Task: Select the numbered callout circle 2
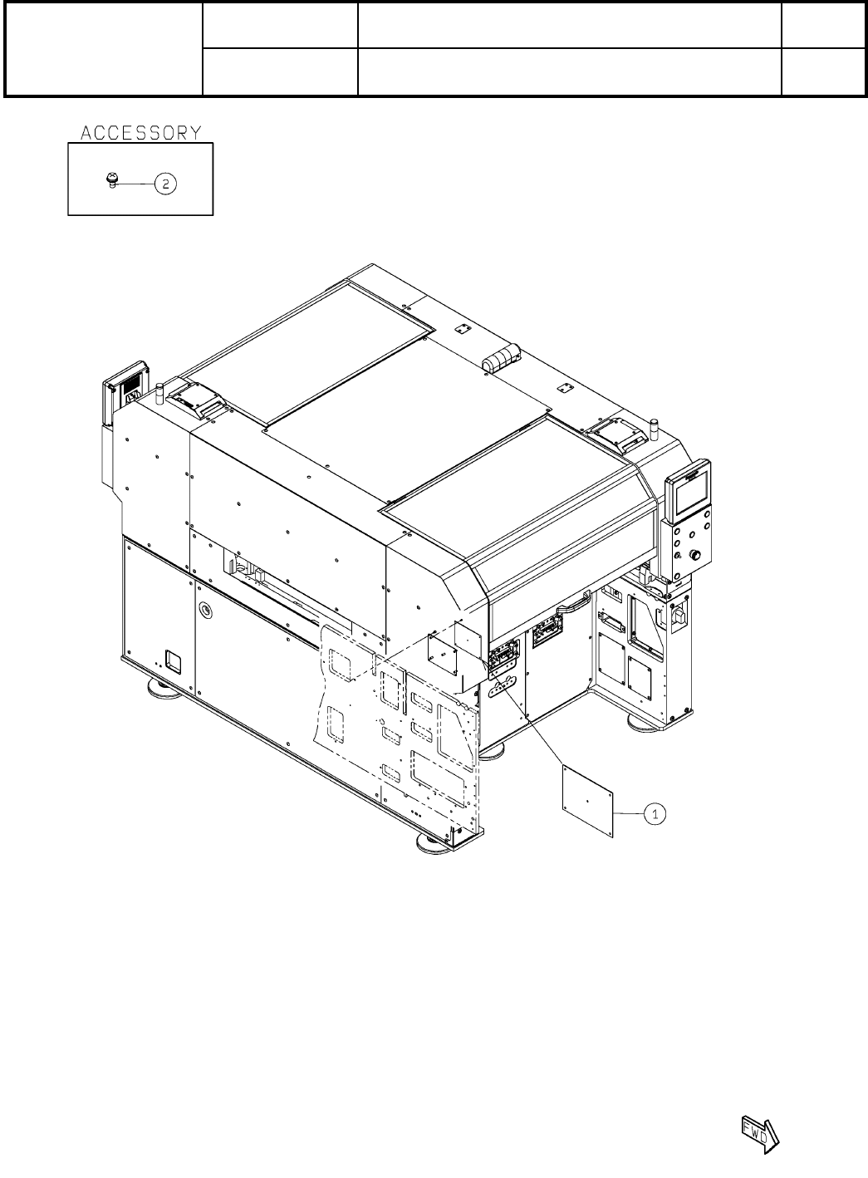coord(165,184)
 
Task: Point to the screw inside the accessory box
coord(111,180)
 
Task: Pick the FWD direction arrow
coord(760,1134)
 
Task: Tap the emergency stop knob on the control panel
coord(695,554)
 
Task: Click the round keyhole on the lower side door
coord(205,610)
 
